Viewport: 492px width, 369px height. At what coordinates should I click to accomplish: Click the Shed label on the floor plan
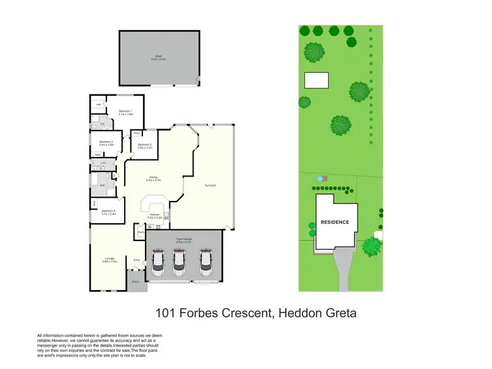tap(158, 57)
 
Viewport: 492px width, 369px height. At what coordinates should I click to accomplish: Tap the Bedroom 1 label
tap(126, 112)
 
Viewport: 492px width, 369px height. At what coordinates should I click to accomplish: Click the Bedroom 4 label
tap(108, 211)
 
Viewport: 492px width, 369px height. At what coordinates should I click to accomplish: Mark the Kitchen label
tap(155, 215)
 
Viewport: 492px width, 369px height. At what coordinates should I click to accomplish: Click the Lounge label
tap(109, 259)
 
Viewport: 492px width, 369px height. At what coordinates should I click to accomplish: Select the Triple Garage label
tap(183, 240)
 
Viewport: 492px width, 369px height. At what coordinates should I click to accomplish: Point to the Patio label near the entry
tap(136, 282)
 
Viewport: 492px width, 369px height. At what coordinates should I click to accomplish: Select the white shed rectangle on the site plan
tap(316, 80)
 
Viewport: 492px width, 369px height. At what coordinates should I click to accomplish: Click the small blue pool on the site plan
tap(319, 178)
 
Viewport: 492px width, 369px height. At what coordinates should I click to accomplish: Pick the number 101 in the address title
tap(167, 313)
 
